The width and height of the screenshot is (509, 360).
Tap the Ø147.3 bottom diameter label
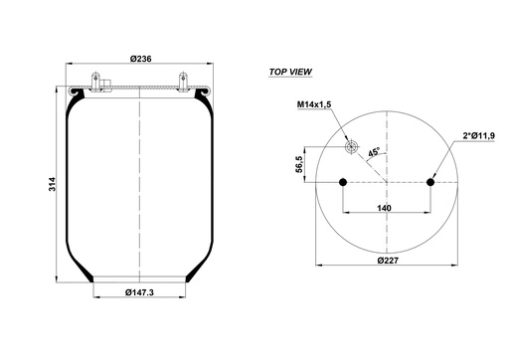tap(140, 291)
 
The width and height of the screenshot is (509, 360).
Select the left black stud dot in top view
tap(343, 181)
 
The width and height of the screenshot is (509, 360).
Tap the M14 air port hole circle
tap(351, 147)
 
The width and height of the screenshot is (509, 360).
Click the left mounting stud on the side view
tap(95, 80)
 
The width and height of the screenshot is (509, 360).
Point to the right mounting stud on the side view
tap(184, 80)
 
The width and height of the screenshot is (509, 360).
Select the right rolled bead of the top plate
tap(209, 95)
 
